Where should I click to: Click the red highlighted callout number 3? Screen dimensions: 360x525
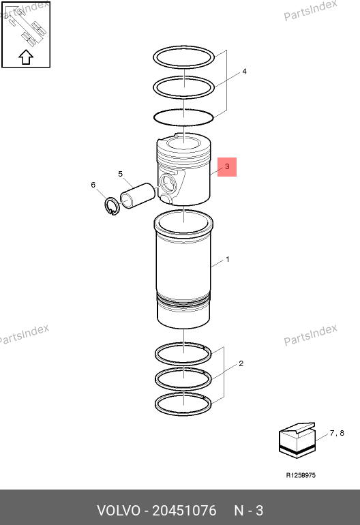[x=227, y=167]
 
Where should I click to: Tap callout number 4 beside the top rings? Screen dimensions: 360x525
[x=245, y=72]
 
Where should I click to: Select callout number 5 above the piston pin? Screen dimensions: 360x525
[x=121, y=174]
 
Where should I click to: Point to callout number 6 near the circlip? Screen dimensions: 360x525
[x=93, y=185]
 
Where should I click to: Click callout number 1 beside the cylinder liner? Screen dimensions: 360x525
[x=228, y=259]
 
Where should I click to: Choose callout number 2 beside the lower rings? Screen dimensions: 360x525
[x=241, y=363]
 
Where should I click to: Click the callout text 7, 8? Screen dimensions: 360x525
[x=337, y=433]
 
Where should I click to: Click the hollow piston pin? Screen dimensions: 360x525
[x=138, y=196]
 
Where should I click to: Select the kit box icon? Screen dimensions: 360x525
[x=297, y=440]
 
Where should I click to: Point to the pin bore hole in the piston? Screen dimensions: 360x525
[x=166, y=184]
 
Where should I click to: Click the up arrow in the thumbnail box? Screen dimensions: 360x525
[x=26, y=57]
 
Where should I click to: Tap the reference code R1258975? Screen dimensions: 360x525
[x=301, y=475]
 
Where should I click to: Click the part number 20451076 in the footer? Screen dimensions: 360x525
[x=184, y=511]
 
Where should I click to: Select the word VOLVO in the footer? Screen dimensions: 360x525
[x=119, y=511]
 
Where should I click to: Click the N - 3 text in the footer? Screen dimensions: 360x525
[x=248, y=511]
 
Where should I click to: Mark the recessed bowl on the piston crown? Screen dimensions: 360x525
[x=184, y=144]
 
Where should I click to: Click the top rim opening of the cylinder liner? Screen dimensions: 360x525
[x=183, y=222]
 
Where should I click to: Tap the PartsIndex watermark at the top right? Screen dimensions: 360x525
[x=310, y=11]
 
